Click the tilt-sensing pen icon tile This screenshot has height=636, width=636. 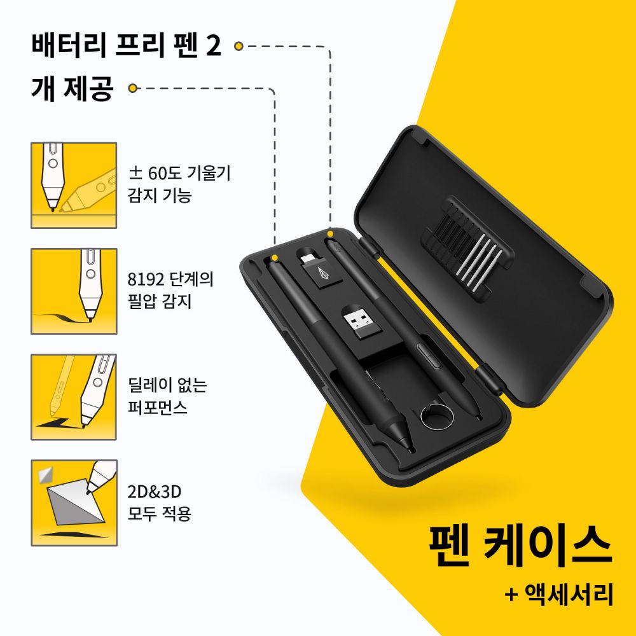[74, 185]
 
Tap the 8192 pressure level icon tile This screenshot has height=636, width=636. [74, 291]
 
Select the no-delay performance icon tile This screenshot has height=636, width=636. [74, 397]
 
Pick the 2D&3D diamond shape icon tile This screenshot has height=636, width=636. [74, 502]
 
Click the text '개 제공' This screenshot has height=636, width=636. [71, 88]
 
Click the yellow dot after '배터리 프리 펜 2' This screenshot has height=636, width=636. [238, 46]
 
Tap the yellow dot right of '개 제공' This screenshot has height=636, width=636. [134, 88]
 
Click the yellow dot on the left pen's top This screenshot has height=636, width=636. [275, 257]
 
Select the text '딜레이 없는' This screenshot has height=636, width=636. [167, 386]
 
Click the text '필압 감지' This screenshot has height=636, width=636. [159, 301]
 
